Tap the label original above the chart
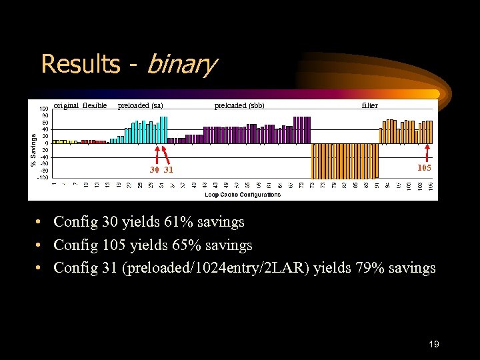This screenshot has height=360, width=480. [x=66, y=105]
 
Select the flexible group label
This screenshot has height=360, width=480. [x=95, y=105]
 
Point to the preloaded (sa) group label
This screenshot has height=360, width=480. [x=140, y=105]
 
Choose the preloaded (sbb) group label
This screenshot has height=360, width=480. [x=239, y=105]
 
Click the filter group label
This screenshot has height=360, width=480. [x=369, y=105]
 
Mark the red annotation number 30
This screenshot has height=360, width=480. [x=155, y=170]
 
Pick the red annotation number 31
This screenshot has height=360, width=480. [x=169, y=170]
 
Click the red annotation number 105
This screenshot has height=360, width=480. [x=424, y=168]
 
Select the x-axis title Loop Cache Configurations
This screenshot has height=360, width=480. [x=243, y=195]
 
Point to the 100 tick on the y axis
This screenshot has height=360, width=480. [x=43, y=108]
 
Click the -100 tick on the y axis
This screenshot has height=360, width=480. [x=42, y=178]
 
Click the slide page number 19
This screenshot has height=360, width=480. [x=434, y=344]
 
